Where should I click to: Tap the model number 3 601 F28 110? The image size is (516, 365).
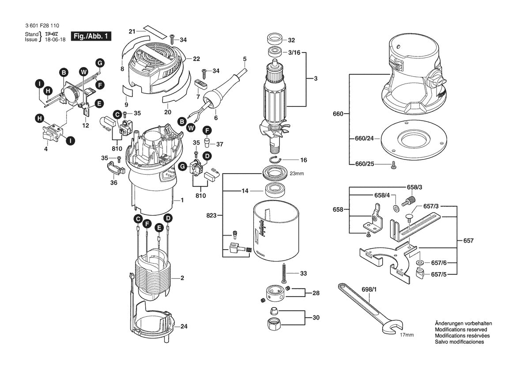coord(39,27)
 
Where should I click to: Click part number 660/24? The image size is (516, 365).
coord(365,138)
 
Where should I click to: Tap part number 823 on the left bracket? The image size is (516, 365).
coord(212,215)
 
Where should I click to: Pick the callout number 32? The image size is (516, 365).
coord(291,40)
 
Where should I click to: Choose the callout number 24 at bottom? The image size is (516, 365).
coord(184,327)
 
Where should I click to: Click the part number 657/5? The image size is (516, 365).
coord(438,274)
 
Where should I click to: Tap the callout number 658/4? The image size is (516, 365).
coord(382,195)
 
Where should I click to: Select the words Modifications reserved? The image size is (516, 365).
coord(461,330)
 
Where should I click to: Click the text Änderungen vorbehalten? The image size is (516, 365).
coord(463,323)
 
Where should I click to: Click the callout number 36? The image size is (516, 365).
coord(113,182)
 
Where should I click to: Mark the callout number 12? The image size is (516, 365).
coord(86,125)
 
